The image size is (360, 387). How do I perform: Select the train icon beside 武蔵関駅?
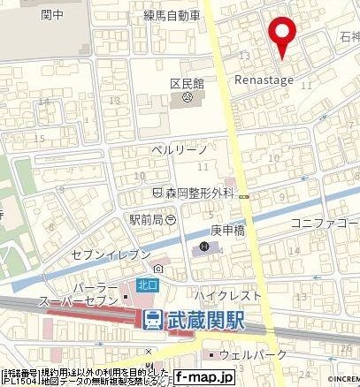click(x=153, y=320)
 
